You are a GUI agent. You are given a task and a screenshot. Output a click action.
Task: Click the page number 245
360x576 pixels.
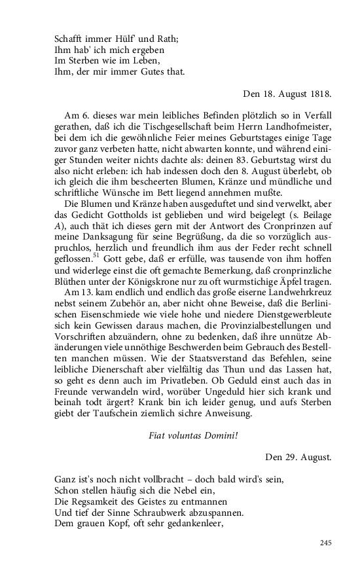tap(327, 542)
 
